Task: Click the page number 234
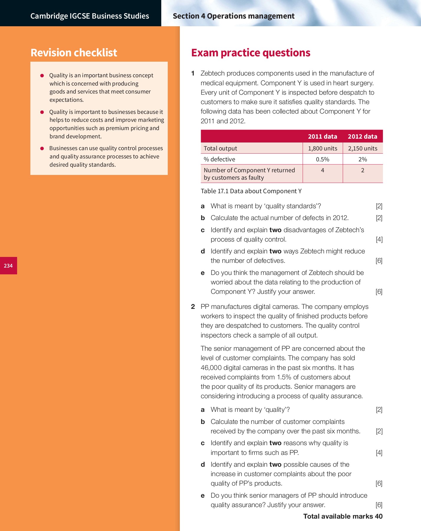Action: (8, 266)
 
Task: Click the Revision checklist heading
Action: (74, 53)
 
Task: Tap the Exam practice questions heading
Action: (251, 53)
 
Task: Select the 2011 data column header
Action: (322, 137)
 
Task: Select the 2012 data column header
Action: (362, 137)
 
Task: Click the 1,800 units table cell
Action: (322, 148)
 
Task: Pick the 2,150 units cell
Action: (362, 148)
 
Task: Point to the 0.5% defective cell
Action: (322, 159)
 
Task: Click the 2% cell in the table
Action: (362, 159)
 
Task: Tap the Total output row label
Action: (220, 148)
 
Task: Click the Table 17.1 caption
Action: (251, 191)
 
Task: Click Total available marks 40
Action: (343, 516)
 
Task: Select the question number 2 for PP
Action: (193, 307)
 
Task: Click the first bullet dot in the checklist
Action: (42, 76)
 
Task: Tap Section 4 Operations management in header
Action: (233, 16)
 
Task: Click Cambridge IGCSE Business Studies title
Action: (90, 16)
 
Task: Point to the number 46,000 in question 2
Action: (211, 368)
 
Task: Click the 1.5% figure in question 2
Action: (284, 377)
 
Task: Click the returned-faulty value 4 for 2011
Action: (322, 170)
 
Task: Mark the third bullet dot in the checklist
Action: (42, 148)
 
